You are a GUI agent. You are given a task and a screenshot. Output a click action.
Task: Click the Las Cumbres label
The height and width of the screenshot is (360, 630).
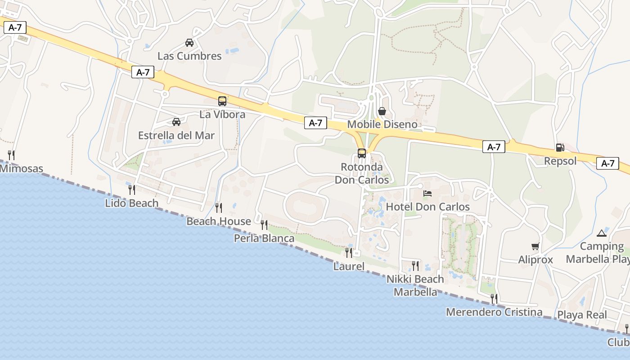189,56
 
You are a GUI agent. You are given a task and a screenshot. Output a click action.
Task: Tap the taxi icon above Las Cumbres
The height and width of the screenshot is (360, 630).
189,43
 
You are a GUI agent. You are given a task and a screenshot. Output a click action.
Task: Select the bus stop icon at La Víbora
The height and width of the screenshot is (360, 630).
222,101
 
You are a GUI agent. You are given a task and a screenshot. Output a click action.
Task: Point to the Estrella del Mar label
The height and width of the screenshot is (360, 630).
176,135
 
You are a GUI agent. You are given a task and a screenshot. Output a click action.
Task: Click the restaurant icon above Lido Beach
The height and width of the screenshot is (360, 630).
132,189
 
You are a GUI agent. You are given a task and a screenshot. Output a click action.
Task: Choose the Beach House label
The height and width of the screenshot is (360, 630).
219,221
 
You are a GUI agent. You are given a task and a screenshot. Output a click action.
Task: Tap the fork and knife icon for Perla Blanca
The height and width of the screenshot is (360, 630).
264,225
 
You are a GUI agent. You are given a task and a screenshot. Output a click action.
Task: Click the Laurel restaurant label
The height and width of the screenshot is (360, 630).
349,266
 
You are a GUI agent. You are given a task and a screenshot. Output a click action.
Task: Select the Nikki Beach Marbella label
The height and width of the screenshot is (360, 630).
415,285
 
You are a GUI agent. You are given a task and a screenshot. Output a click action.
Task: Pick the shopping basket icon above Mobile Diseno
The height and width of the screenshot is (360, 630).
382,111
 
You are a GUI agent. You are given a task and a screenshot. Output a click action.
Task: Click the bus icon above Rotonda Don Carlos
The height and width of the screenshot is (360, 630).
362,153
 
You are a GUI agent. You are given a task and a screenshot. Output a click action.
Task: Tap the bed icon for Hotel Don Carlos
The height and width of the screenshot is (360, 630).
427,193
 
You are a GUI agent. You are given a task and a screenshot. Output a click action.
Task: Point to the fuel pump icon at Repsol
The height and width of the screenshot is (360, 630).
560,148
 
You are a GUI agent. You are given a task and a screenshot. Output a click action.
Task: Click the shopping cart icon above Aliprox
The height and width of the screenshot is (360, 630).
535,247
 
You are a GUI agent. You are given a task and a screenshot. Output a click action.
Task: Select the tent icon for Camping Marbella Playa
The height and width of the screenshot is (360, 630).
602,233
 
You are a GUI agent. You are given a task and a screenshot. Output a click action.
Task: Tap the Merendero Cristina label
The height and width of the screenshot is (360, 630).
494,312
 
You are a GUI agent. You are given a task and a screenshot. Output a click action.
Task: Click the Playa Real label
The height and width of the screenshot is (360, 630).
582,315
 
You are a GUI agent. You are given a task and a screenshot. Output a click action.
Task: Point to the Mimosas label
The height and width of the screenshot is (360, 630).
21,169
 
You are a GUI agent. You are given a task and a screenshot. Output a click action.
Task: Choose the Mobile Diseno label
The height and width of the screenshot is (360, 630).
382,124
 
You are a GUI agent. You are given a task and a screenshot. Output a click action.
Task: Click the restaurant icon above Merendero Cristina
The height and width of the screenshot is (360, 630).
494,298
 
